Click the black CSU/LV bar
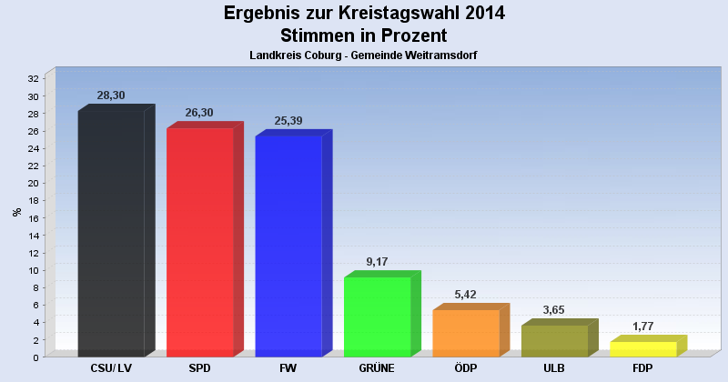tap(111, 234)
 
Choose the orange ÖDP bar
tap(466, 333)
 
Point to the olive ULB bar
tap(554, 341)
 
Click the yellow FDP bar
tap(643, 349)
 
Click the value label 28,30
tap(111, 95)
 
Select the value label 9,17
tap(377, 262)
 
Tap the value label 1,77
tap(643, 327)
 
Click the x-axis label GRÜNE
tap(377, 369)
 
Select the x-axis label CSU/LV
tap(111, 369)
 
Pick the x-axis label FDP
tap(643, 369)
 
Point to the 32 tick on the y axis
tap(34, 79)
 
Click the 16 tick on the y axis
tap(34, 218)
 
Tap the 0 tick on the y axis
tap(36, 357)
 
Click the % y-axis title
tap(16, 212)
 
